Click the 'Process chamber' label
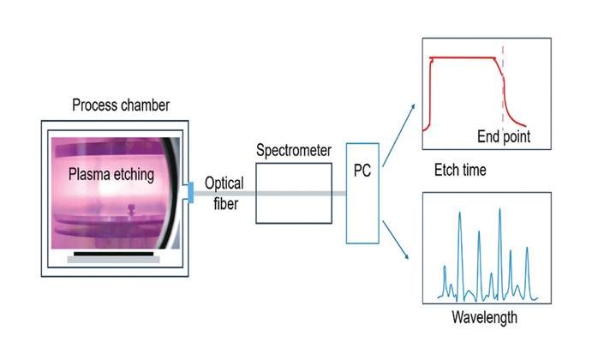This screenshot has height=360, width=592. click(x=121, y=105)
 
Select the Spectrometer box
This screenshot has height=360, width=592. click(x=294, y=193)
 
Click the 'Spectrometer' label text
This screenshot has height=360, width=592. click(x=294, y=151)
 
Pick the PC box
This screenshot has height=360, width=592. click(x=362, y=190)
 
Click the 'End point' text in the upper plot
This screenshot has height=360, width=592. click(x=505, y=135)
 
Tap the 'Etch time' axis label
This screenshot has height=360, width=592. click(x=461, y=171)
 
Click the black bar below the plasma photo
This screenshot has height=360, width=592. click(x=114, y=254)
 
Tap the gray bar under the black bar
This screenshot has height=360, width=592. click(x=115, y=261)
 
